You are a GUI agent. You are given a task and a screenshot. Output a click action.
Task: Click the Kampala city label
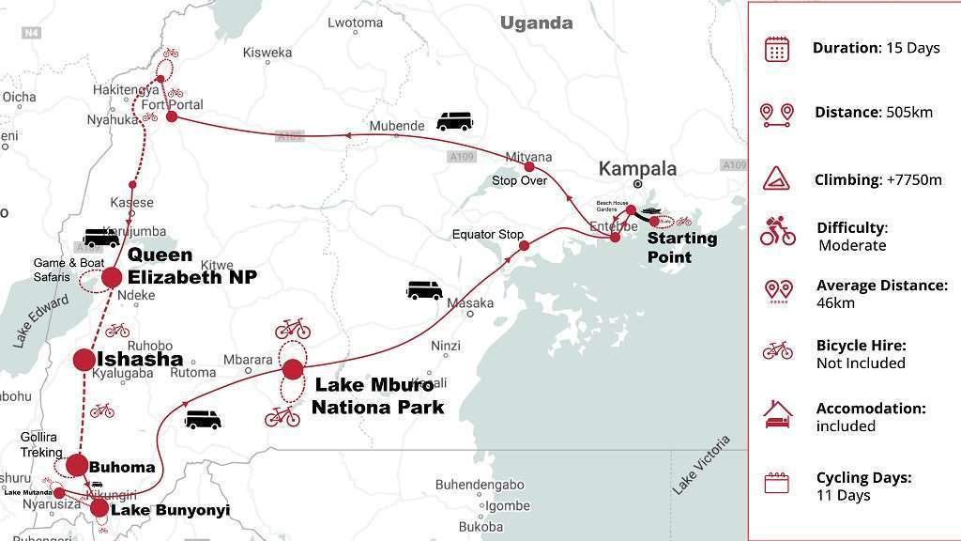tap(637, 169)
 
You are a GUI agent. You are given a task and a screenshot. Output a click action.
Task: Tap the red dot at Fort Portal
tap(172, 117)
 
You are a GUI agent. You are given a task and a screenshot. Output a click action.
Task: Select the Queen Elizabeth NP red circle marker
tap(112, 277)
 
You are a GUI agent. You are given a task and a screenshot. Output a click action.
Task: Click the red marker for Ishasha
tap(84, 360)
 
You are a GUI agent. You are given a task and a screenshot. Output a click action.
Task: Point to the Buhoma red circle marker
tap(77, 465)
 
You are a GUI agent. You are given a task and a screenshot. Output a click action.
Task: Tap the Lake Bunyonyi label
tap(170, 510)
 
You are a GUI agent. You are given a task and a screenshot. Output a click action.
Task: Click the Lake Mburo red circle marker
tap(293, 369)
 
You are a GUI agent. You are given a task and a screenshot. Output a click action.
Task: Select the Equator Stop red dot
tap(524, 246)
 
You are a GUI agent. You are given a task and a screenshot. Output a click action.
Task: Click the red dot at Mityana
tap(528, 167)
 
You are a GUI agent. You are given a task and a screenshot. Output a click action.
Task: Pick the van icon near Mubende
tap(454, 122)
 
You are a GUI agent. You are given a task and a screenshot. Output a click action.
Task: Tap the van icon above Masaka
tap(424, 290)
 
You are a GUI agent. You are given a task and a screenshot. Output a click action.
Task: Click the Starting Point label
tap(681, 248)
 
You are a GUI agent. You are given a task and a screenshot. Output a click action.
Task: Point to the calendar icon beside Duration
tap(776, 49)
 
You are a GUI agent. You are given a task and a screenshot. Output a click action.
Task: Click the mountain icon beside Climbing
tap(776, 178)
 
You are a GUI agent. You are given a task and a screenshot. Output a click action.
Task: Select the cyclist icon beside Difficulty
tap(777, 232)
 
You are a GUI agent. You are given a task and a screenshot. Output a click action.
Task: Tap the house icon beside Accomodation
tap(777, 413)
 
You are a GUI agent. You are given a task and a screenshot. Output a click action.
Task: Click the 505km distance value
tap(909, 113)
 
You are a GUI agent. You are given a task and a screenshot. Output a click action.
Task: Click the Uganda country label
tap(536, 23)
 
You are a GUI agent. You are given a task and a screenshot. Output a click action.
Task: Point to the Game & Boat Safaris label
tap(64, 270)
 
